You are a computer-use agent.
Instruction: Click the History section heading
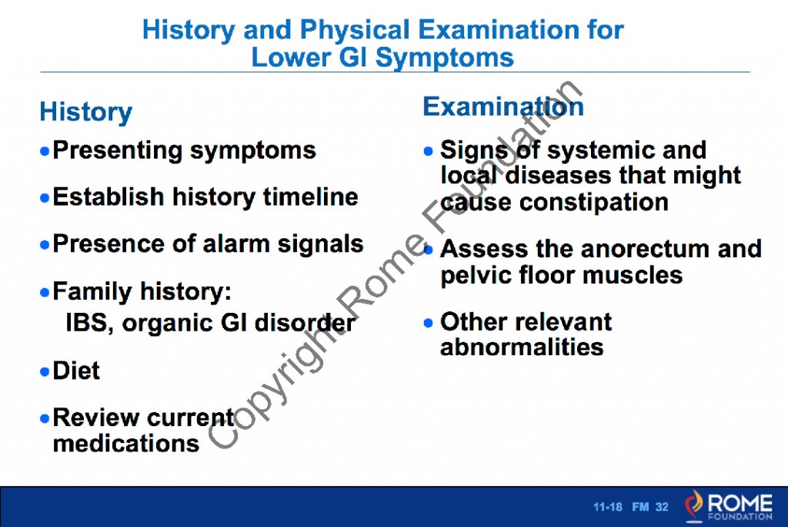85,112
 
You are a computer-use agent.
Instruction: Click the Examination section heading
503,106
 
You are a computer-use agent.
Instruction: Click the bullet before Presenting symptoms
45,150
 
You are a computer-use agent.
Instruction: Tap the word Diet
76,371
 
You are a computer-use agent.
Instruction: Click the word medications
126,443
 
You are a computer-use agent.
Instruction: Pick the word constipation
593,202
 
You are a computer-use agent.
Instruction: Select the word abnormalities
522,347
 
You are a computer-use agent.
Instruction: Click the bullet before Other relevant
429,322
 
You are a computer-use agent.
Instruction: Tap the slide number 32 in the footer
662,507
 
